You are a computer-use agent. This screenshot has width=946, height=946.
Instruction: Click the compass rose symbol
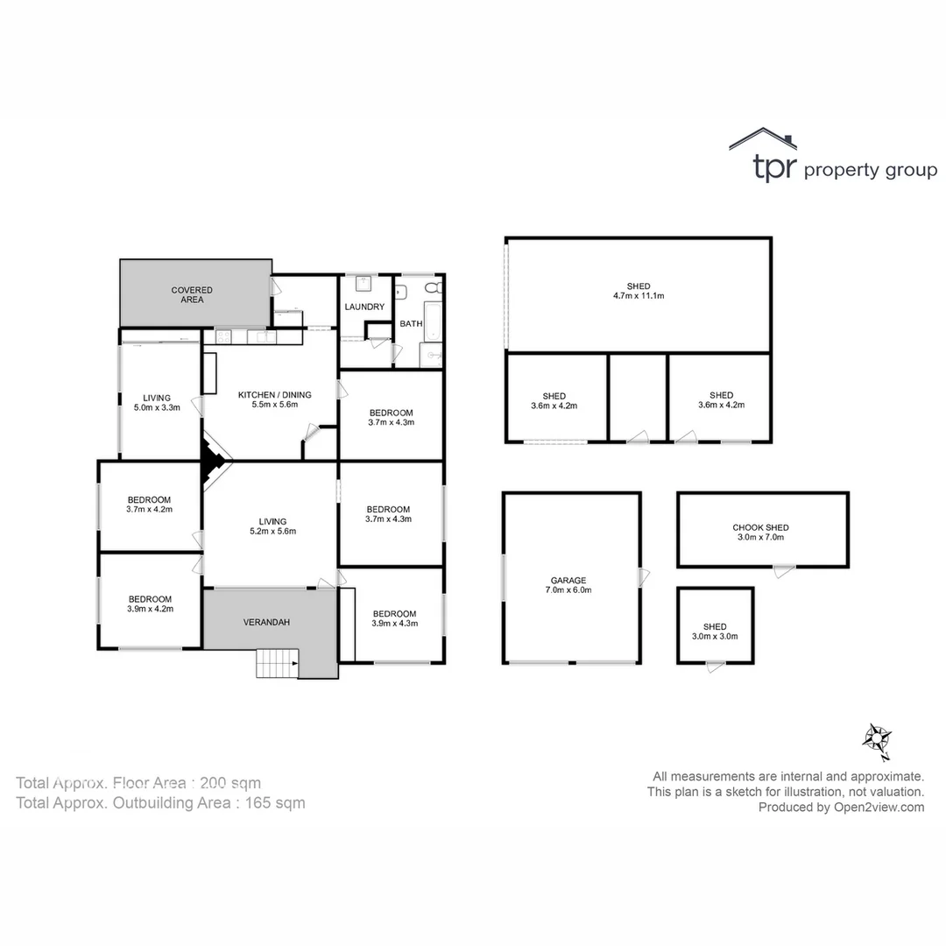875,741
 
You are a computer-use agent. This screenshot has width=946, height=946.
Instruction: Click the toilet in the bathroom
432,288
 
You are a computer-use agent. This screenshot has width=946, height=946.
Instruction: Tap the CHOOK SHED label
760,527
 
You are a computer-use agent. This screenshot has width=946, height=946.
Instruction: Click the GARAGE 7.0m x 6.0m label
568,585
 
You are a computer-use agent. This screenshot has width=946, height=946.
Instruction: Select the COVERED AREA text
192,294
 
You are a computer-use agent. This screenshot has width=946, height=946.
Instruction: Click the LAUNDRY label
364,307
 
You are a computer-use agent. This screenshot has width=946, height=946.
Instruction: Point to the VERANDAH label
266,622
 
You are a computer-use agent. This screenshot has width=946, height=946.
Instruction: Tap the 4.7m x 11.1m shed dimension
639,296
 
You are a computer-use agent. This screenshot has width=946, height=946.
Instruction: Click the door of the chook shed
784,571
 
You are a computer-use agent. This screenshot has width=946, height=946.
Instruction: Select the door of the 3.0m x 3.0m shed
716,667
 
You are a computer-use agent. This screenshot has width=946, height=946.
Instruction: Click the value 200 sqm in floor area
230,783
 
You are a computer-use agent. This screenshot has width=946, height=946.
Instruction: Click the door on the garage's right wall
644,576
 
